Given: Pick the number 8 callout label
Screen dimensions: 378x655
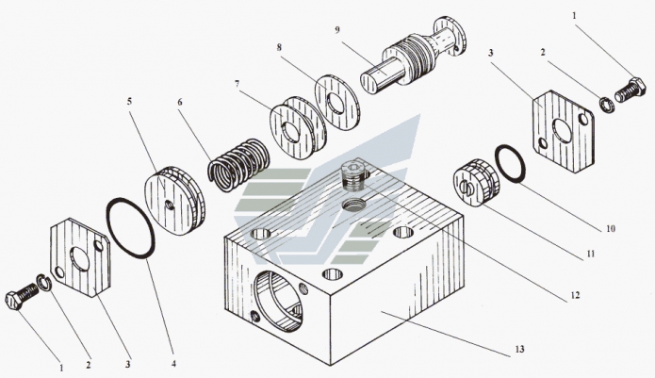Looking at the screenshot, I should click(279, 46).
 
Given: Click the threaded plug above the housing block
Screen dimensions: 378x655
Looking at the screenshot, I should click(351, 174).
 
